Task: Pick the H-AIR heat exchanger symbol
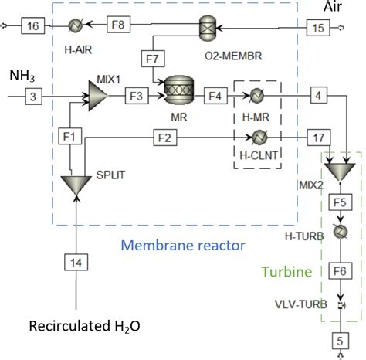76,26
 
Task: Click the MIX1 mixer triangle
97,96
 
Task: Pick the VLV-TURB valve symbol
339,306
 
